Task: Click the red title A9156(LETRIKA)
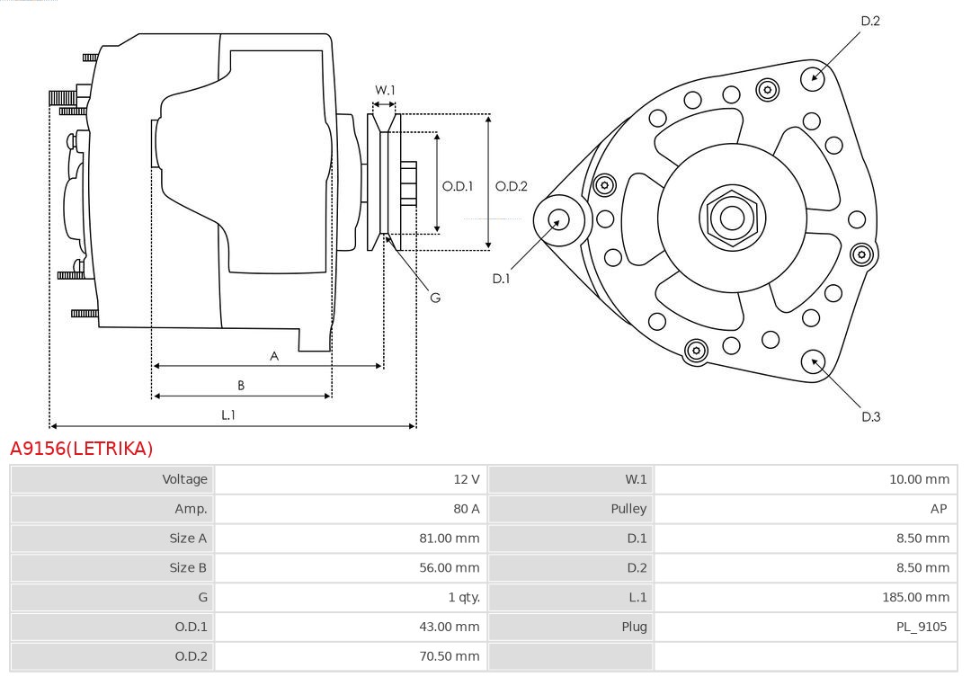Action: [82, 448]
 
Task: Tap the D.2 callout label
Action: [870, 21]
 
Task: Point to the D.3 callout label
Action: [870, 416]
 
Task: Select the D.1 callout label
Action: [501, 279]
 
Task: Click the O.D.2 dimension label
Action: [512, 187]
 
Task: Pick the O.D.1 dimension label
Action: [458, 187]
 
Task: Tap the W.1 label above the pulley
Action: [385, 90]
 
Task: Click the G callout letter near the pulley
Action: [435, 298]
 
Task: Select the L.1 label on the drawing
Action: [228, 414]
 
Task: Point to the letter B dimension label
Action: [241, 386]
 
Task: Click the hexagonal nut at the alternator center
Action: [732, 218]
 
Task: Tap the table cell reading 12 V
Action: [467, 479]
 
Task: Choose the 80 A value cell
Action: [467, 509]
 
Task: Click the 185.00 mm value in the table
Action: [915, 597]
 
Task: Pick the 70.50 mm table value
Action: [453, 656]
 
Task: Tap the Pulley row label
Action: [628, 509]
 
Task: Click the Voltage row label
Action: [184, 479]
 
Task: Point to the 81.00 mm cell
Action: [453, 539]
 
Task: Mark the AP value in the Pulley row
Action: [939, 509]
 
